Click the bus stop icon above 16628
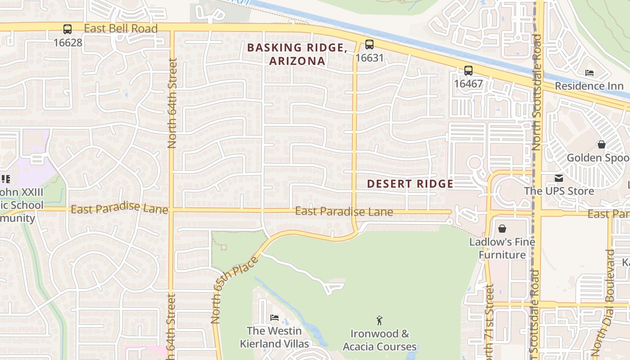click(x=67, y=29)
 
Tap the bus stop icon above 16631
click(x=369, y=44)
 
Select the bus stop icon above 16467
click(x=468, y=70)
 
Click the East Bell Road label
click(x=121, y=29)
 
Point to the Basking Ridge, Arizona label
click(x=297, y=54)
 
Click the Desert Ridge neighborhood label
click(x=410, y=184)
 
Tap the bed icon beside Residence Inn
click(x=589, y=72)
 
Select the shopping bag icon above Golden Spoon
click(x=601, y=144)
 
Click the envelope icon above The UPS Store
click(x=559, y=178)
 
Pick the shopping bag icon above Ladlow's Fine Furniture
click(x=502, y=229)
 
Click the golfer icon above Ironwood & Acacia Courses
click(x=379, y=320)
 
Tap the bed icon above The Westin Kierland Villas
click(x=274, y=318)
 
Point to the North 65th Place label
click(x=234, y=290)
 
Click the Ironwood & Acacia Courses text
click(x=380, y=340)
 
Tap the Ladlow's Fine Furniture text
click(x=502, y=248)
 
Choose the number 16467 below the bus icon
click(x=468, y=84)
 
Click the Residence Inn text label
click(x=589, y=86)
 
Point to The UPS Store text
click(x=559, y=191)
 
